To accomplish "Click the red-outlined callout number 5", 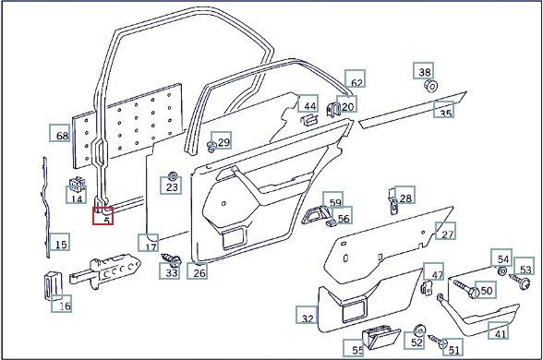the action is tap(103, 216).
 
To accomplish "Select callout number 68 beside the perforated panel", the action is tap(59, 133).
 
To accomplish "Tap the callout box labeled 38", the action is tap(423, 70).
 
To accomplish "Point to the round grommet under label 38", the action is tap(430, 86).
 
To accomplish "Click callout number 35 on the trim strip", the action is tap(443, 109).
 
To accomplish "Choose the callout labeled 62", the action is tap(355, 78).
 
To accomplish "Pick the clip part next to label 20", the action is tap(332, 109).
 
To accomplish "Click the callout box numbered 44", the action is tap(308, 103).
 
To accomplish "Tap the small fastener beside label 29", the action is tap(211, 147).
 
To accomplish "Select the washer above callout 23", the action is tap(172, 176).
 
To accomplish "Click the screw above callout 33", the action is tap(172, 259).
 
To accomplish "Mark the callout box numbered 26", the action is tap(198, 270).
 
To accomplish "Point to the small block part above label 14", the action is tap(78, 184).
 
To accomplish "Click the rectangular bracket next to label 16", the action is tap(53, 286).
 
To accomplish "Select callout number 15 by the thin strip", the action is tap(59, 242).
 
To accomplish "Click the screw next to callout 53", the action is tap(520, 281).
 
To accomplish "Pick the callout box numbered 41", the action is tap(499, 330).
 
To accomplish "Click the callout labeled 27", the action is tap(445, 231).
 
